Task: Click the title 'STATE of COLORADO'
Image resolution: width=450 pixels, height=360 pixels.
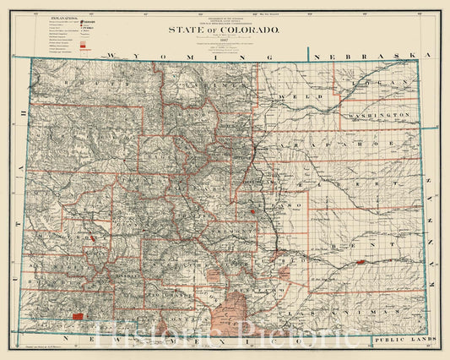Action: (x=225, y=30)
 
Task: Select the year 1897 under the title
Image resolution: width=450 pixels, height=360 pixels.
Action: (x=225, y=41)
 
